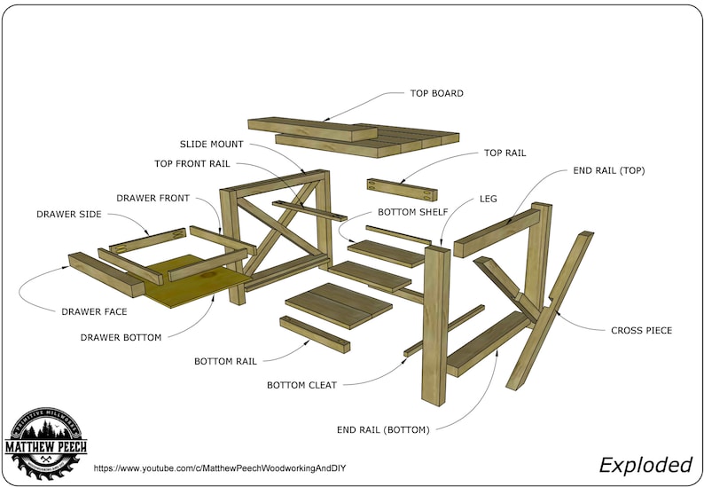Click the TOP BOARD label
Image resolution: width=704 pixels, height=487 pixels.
(436, 93)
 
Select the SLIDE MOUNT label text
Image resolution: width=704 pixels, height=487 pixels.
(211, 144)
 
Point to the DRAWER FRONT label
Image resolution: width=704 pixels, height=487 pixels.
(153, 197)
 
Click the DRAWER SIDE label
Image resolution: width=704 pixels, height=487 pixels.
(69, 214)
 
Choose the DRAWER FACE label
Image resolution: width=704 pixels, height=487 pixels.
(94, 311)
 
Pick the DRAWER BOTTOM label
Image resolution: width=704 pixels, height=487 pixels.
(121, 337)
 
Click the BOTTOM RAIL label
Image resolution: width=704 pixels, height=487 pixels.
(226, 361)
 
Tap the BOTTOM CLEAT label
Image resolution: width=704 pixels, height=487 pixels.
(301, 385)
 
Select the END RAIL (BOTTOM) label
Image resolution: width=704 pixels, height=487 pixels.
(383, 429)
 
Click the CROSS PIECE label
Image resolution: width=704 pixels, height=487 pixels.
(641, 330)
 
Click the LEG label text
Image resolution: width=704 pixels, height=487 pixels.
(488, 199)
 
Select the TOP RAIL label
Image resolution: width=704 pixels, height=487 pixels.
(505, 153)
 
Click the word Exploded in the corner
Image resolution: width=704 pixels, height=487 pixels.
(645, 464)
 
